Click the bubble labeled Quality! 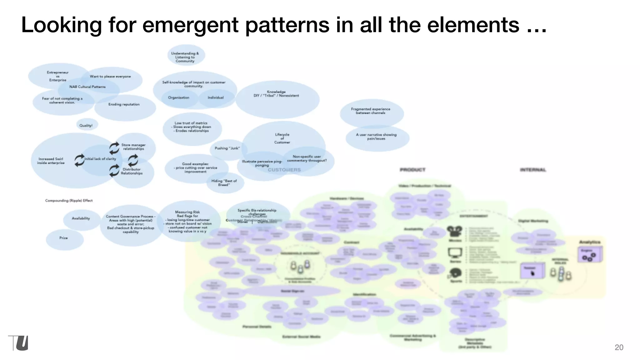[x=86, y=125]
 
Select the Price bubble [x=64, y=238]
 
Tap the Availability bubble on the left [x=81, y=218]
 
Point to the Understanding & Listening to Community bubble [x=185, y=57]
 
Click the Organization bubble [x=179, y=98]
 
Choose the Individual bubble [x=216, y=98]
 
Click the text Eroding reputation [x=124, y=104]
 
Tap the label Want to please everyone [x=110, y=77]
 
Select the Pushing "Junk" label [x=227, y=148]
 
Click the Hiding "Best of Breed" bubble [x=224, y=183]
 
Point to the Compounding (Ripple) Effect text [x=69, y=201]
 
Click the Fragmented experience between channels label [x=371, y=111]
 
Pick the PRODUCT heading [x=412, y=170]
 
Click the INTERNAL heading [x=533, y=170]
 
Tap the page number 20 [x=619, y=347]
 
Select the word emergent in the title [x=191, y=25]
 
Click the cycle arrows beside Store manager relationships [x=114, y=147]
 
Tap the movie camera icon [x=454, y=232]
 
